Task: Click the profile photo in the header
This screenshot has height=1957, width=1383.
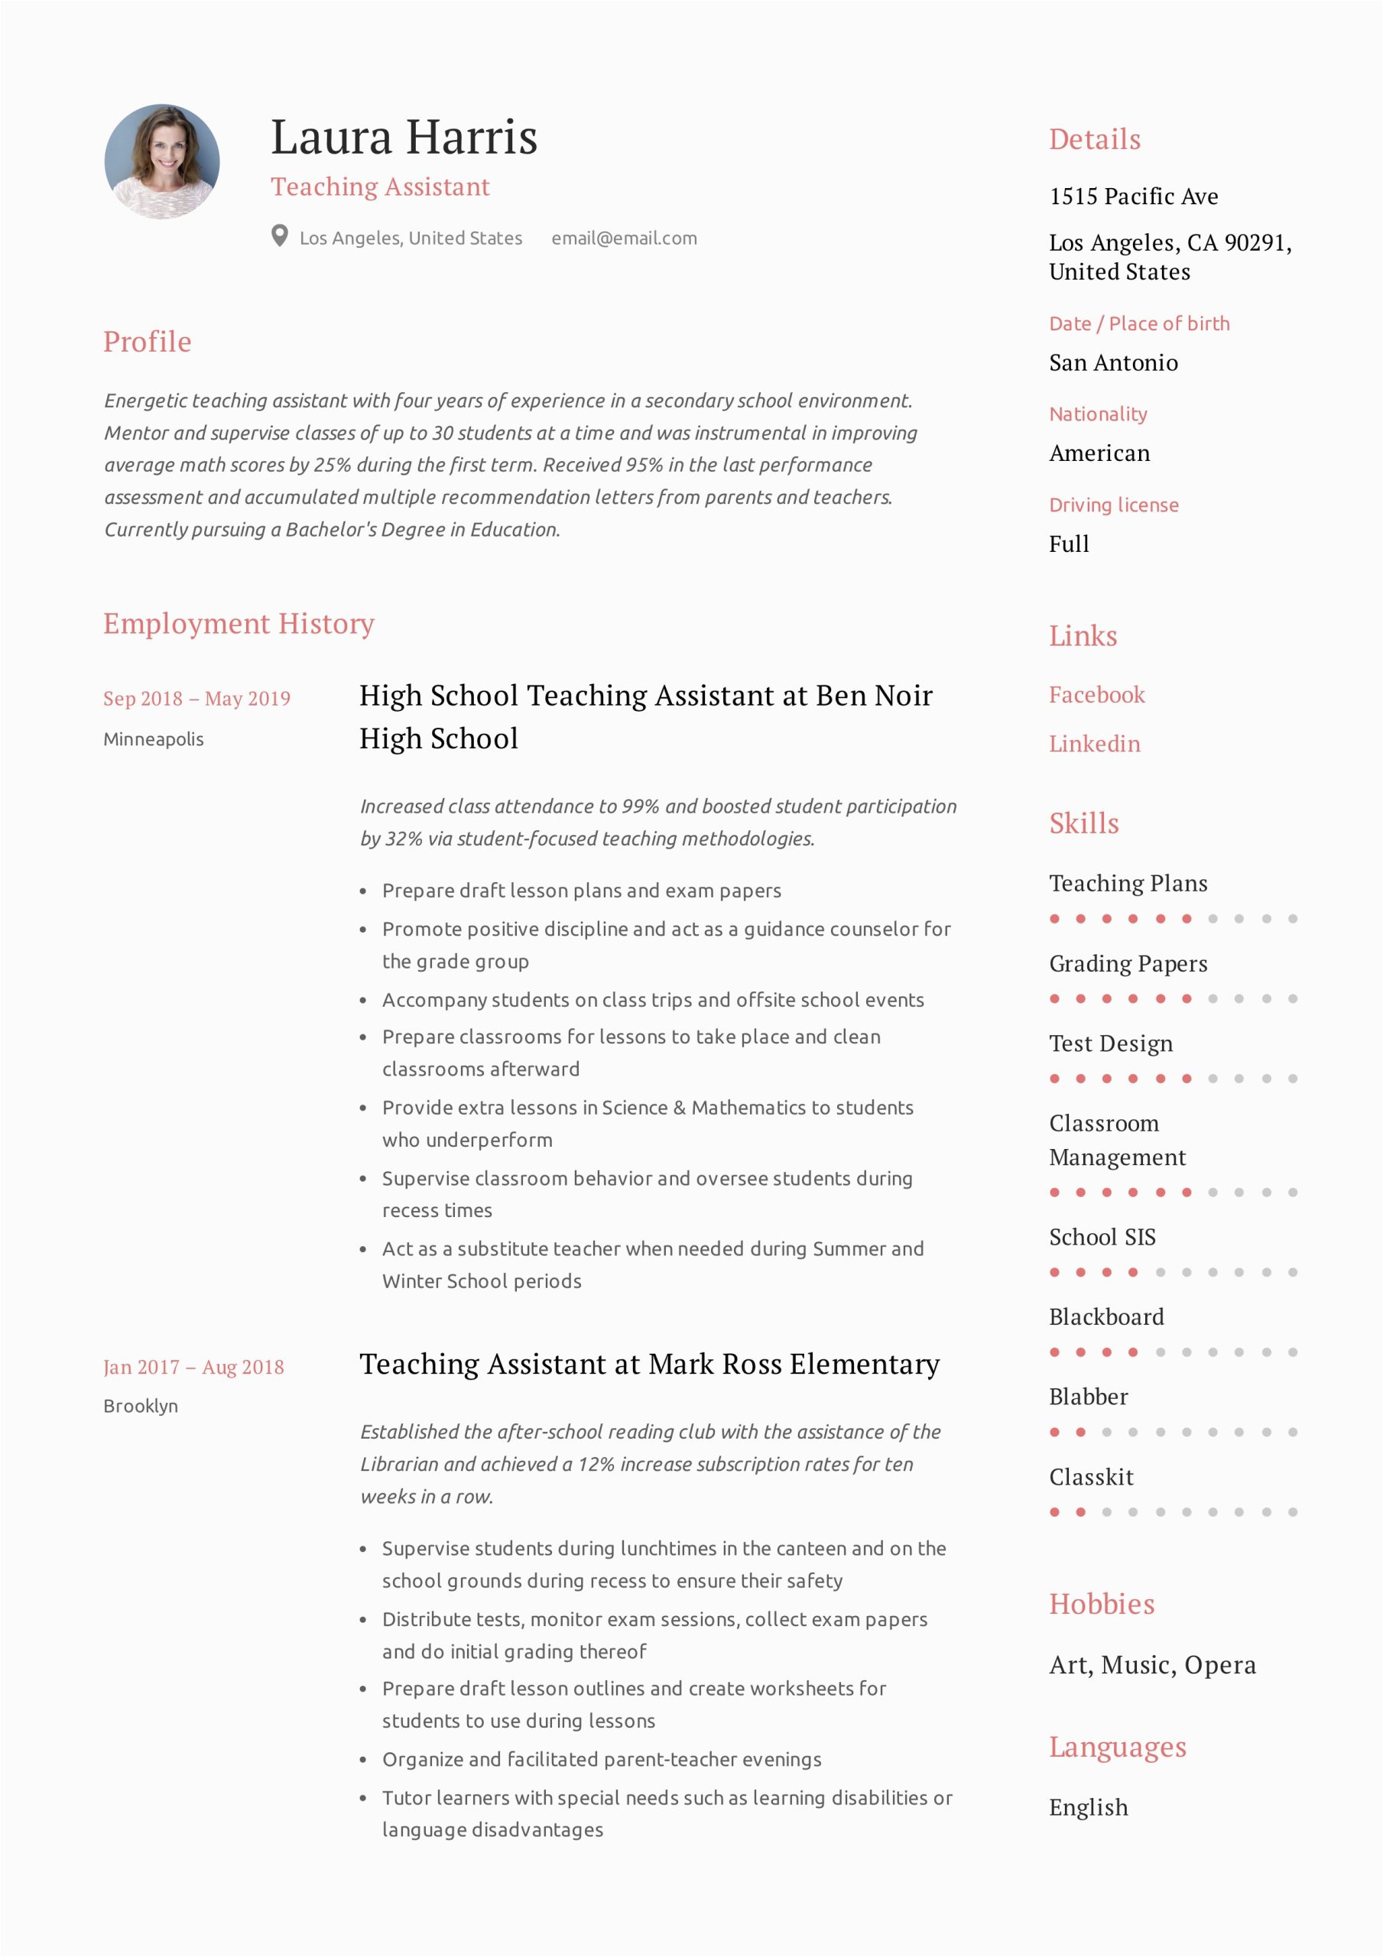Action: [x=162, y=162]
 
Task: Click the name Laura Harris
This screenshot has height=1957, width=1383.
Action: [x=404, y=138]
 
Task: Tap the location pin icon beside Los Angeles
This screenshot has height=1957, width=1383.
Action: [x=280, y=236]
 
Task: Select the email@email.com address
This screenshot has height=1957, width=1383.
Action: [x=624, y=239]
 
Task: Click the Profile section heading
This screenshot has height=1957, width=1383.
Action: [x=148, y=342]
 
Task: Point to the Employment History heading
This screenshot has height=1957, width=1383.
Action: [x=239, y=624]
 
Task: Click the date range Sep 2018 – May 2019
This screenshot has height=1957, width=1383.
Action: [x=197, y=699]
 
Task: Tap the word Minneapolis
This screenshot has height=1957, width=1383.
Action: [x=154, y=739]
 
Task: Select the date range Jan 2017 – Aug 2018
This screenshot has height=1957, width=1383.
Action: [x=193, y=1367]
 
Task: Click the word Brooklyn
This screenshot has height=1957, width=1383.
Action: [x=141, y=1407]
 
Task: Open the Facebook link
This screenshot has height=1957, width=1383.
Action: [x=1096, y=695]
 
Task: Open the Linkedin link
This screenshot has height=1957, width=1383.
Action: [x=1094, y=744]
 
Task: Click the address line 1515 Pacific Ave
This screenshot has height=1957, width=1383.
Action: [x=1133, y=197]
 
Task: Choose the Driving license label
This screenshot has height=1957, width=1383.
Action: [x=1114, y=505]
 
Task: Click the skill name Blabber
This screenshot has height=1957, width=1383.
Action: [x=1088, y=1397]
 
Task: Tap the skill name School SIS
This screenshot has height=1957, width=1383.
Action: [x=1102, y=1238]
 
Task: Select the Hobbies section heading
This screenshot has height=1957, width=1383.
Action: [x=1102, y=1604]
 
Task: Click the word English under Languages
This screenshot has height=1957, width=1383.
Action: [x=1089, y=1808]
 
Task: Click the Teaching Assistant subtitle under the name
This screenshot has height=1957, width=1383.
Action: [x=380, y=187]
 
